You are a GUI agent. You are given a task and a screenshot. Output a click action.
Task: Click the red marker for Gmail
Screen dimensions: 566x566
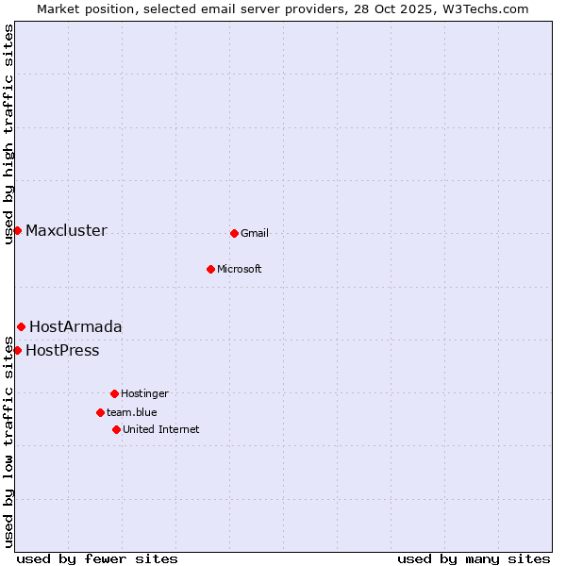tap(234, 233)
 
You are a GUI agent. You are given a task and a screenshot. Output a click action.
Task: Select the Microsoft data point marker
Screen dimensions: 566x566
tap(210, 269)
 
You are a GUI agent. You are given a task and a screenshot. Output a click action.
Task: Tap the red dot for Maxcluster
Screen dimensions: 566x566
tap(17, 230)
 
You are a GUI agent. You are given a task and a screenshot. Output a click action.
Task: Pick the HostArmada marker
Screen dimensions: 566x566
tap(21, 326)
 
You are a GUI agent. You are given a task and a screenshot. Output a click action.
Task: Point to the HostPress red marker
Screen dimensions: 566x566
tap(17, 350)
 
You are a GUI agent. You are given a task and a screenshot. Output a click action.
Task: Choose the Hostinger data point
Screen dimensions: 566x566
tap(114, 393)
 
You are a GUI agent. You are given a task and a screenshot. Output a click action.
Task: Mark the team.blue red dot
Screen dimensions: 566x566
tap(100, 412)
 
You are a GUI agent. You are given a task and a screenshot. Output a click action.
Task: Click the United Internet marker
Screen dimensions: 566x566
tap(116, 429)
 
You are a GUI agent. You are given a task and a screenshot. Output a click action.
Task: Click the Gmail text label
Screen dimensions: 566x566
tap(255, 233)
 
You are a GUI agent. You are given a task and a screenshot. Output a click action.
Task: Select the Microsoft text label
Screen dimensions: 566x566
tap(240, 269)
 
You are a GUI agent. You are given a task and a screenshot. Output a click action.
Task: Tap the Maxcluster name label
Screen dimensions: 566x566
tap(66, 230)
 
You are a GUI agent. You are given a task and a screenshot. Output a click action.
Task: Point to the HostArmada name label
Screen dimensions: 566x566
tap(75, 326)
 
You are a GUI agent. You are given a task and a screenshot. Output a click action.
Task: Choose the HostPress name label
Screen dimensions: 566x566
tap(62, 351)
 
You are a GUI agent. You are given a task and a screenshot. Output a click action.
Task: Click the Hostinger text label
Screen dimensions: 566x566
tap(144, 393)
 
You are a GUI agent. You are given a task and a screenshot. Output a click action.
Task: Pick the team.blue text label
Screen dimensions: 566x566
tap(132, 412)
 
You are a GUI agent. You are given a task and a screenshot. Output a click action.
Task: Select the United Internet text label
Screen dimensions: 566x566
tap(161, 429)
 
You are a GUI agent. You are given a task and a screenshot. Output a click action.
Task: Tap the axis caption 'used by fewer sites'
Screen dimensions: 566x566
tap(97, 558)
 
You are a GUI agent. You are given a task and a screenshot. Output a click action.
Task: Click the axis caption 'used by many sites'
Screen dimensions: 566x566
tap(474, 558)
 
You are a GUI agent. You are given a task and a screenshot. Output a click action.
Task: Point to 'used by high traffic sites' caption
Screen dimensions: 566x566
tap(8, 134)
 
